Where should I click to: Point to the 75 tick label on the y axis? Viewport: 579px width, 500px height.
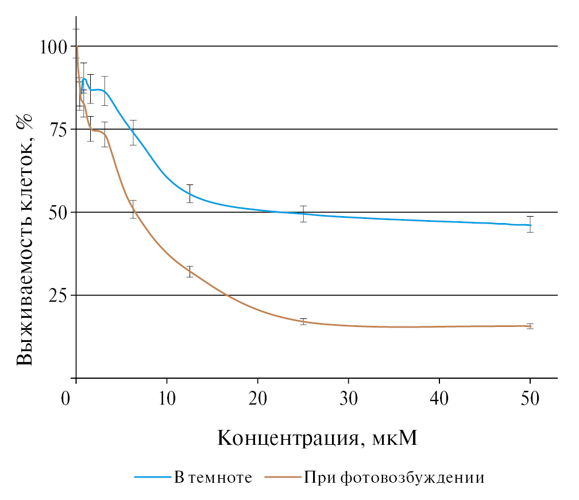click(57, 129)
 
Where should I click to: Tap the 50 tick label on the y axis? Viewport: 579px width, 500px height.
click(57, 213)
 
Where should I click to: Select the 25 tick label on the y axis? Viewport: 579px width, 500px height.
click(57, 295)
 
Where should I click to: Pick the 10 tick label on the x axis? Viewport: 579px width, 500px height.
click(167, 398)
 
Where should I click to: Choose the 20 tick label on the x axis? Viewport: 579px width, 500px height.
click(257, 398)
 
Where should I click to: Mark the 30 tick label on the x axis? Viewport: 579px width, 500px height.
click(348, 398)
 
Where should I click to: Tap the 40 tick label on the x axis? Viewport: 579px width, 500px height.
click(439, 398)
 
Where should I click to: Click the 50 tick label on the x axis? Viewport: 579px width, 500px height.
click(530, 398)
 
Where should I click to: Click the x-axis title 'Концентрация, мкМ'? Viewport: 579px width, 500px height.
click(316, 438)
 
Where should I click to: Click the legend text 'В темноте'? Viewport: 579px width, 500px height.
click(213, 478)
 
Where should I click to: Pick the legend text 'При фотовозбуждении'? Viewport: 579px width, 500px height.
click(394, 478)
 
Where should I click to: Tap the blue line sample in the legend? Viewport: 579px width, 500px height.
click(153, 478)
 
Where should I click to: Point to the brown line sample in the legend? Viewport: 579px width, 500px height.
click(284, 478)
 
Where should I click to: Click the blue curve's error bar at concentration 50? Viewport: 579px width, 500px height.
click(530, 224)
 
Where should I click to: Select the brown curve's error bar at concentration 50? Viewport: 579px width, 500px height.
click(530, 326)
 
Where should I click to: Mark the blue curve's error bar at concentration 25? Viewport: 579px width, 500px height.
click(303, 214)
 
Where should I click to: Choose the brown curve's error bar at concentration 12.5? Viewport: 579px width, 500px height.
click(190, 272)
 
